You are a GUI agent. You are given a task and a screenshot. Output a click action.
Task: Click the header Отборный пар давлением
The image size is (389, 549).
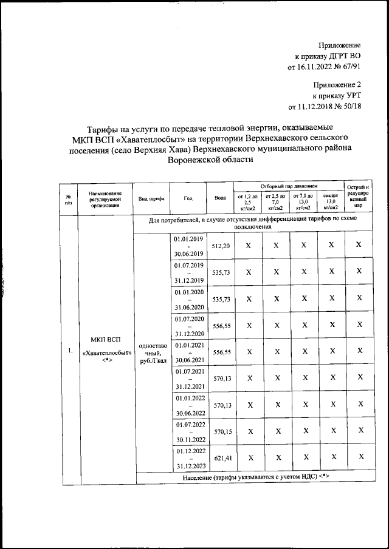pyautogui.click(x=289, y=186)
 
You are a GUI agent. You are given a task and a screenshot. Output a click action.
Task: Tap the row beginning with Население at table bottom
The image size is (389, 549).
pyautogui.click(x=255, y=477)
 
